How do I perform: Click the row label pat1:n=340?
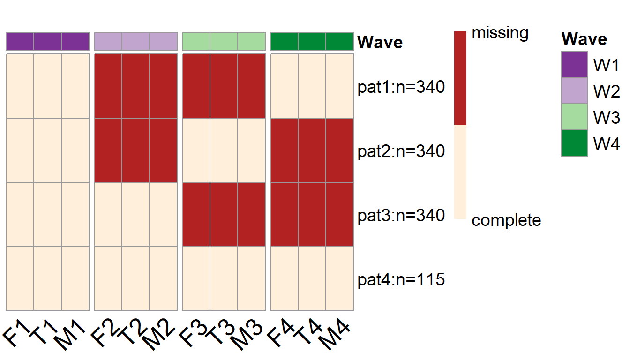401,87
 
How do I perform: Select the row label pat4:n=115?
401,280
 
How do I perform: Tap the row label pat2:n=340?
401,151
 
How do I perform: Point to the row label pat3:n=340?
401,216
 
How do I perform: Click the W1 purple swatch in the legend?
574,64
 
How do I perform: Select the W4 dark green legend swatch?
574,143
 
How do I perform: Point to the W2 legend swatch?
574,90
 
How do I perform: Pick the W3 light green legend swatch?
574,117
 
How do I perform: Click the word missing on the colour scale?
500,33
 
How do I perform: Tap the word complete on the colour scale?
506,220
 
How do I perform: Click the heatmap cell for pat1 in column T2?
136,86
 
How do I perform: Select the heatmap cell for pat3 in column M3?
251,214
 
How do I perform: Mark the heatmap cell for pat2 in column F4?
284,150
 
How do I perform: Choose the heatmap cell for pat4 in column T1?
47,278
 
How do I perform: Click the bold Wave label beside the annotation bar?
380,42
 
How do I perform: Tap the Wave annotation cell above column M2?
163,41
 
